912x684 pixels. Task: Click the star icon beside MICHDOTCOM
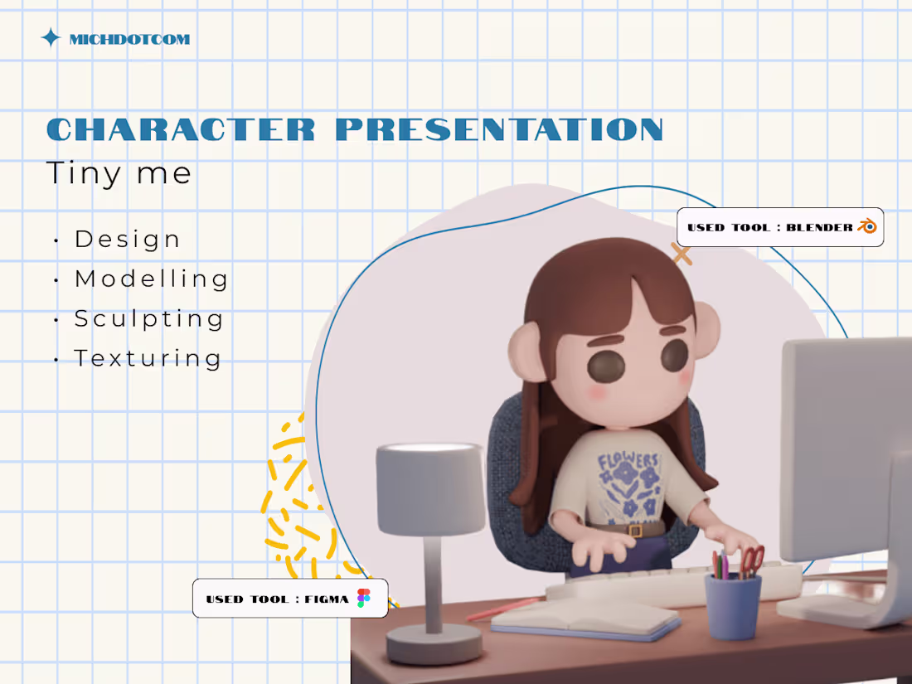[51, 38]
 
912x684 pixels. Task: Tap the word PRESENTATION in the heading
[499, 129]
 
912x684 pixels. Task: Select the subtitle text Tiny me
[119, 173]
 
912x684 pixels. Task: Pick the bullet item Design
[128, 239]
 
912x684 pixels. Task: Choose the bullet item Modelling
[151, 279]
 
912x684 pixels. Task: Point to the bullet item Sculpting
[149, 318]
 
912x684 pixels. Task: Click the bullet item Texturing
[148, 358]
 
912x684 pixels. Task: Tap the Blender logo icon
[867, 226]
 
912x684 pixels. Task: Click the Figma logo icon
[363, 598]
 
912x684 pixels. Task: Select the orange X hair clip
[682, 254]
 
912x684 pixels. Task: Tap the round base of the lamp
[434, 643]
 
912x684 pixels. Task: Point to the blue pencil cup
[732, 606]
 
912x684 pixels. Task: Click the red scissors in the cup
[751, 560]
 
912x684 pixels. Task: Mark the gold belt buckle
[634, 530]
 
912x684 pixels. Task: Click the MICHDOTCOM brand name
[129, 39]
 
